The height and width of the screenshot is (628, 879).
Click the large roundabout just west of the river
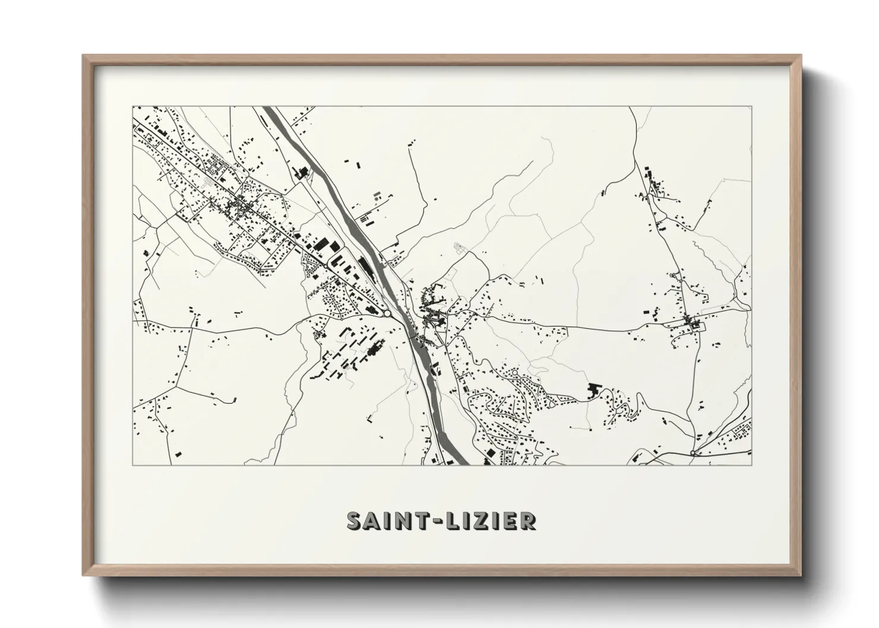[x=387, y=313]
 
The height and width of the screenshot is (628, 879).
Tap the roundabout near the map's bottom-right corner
[x=693, y=453]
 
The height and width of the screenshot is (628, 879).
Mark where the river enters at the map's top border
[x=268, y=107]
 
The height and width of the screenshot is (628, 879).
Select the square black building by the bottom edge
[x=490, y=453]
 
